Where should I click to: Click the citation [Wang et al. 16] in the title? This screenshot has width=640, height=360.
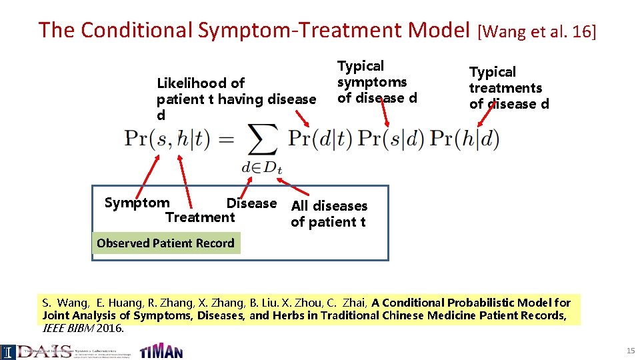tap(537, 31)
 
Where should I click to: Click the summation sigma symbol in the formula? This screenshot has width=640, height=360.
tap(262, 140)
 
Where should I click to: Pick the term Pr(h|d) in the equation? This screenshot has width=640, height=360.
tap(464, 139)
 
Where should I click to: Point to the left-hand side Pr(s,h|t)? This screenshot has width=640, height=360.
tap(167, 139)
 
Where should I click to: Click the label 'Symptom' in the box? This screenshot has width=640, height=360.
tap(137, 203)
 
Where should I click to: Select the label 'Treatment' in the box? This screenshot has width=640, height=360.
tap(200, 217)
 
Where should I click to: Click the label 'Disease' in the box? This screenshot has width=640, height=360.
tap(251, 203)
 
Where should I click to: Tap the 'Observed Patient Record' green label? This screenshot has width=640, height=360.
tap(165, 243)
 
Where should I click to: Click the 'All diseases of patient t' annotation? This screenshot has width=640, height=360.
tap(329, 213)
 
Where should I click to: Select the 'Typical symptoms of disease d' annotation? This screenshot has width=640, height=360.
tap(377, 82)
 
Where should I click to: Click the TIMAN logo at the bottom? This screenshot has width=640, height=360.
tap(161, 351)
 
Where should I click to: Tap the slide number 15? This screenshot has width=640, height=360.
tap(630, 351)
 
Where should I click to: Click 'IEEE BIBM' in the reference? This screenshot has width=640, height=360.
tap(69, 329)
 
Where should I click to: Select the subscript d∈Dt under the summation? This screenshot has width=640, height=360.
tap(262, 167)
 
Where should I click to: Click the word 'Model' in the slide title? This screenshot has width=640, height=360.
tap(439, 30)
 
